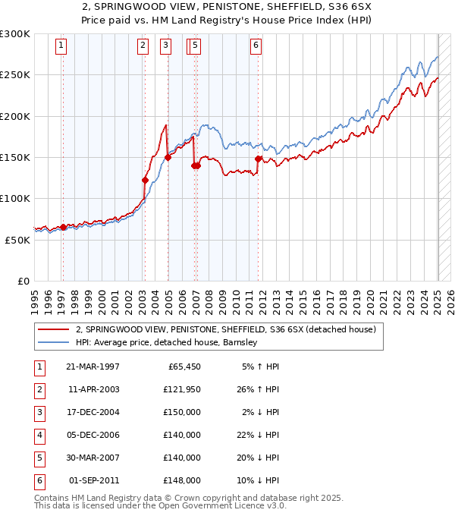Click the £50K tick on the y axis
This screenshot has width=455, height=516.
[17, 240]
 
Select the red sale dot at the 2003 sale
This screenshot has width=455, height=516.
[145, 181]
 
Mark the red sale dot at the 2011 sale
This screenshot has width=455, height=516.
[259, 159]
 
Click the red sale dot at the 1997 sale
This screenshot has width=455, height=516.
[63, 227]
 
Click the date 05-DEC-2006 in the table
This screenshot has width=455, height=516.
[93, 436]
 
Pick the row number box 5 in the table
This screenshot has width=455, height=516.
[39, 458]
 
